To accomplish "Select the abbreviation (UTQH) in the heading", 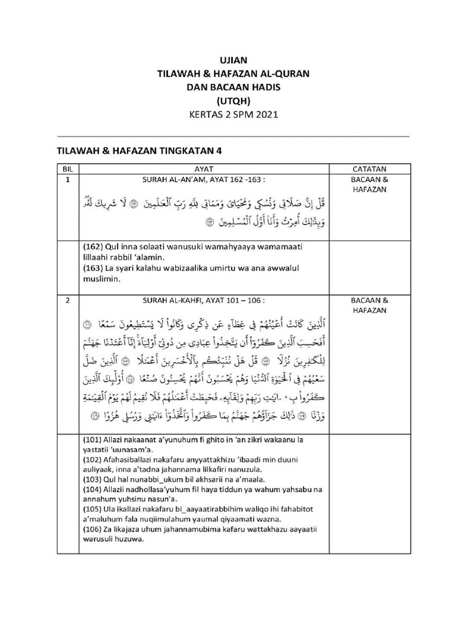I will (x=233, y=101).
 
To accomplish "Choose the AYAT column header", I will (x=203, y=168).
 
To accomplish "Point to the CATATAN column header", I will (x=370, y=168).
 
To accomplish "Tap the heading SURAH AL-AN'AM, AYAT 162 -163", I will (x=203, y=180).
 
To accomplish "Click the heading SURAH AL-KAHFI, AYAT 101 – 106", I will (x=203, y=300).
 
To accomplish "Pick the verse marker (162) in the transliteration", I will (x=93, y=247).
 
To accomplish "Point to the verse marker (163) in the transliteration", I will (x=93, y=268).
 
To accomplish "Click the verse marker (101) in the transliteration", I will (x=93, y=439).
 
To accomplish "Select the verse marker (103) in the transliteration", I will (x=93, y=480).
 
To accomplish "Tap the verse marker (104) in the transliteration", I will (x=93, y=490).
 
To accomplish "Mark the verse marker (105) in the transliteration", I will (x=93, y=511).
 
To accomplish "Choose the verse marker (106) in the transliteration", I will (x=93, y=531).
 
